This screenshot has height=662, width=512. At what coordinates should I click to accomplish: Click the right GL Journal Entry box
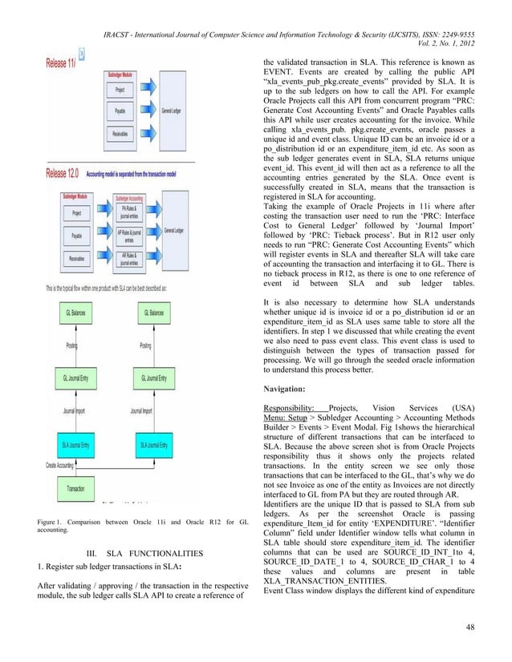click(x=152, y=377)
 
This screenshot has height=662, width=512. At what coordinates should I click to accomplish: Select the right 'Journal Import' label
click(x=142, y=411)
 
